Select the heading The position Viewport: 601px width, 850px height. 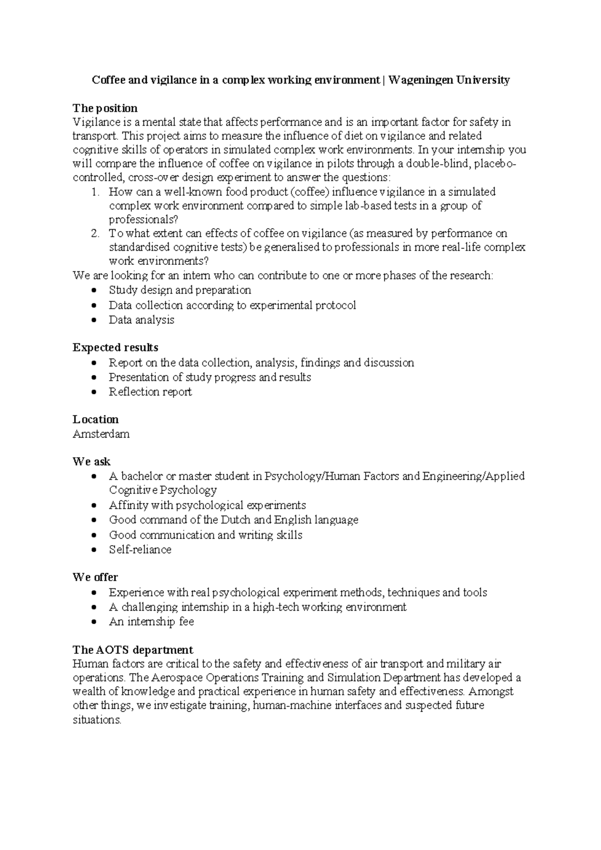click(x=105, y=108)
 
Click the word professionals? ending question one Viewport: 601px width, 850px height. click(x=143, y=220)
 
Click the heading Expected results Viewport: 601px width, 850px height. click(x=115, y=347)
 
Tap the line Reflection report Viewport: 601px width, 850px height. click(x=150, y=392)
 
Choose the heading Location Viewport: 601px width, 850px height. click(x=96, y=419)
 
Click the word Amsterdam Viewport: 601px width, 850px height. click(x=101, y=434)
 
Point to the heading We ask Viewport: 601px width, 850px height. click(x=92, y=462)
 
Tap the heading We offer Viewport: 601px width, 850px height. click(x=95, y=577)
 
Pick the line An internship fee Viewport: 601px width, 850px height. click(x=151, y=622)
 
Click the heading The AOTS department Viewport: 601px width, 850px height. click(x=133, y=650)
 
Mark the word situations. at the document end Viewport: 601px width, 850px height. click(x=97, y=720)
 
